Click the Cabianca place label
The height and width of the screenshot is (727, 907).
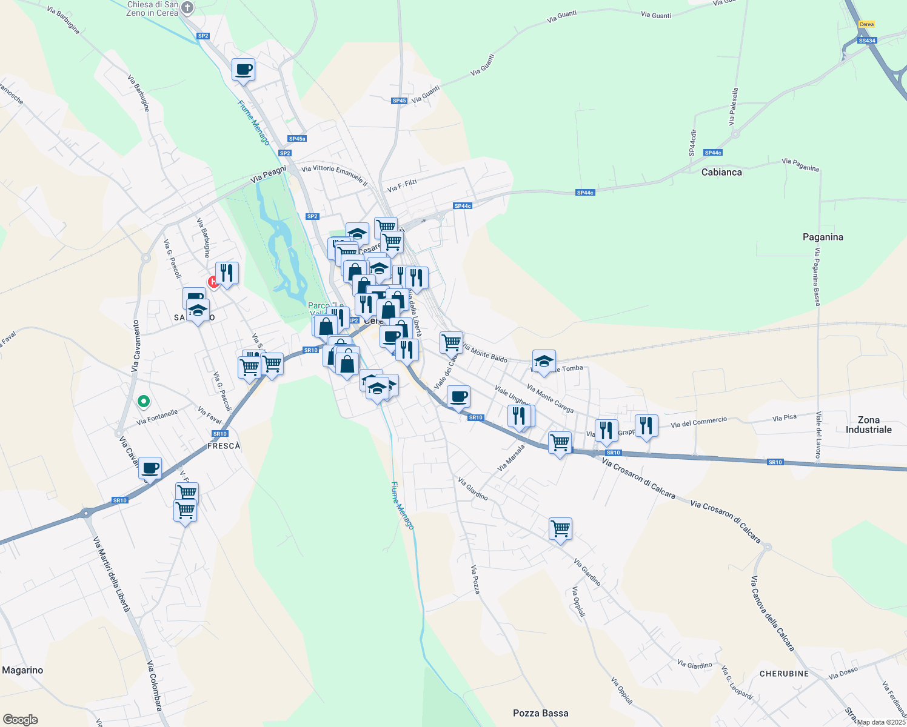(x=721, y=172)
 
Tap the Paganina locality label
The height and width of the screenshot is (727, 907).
(x=823, y=237)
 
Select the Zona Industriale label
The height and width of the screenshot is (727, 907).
(x=868, y=425)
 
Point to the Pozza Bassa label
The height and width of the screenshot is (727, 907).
(x=540, y=713)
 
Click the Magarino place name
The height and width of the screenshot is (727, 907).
(x=22, y=670)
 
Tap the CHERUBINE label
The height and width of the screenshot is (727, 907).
(x=784, y=674)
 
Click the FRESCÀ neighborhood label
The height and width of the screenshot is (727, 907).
(x=224, y=446)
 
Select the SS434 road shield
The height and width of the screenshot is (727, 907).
(x=867, y=41)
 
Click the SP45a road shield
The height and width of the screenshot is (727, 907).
(x=296, y=139)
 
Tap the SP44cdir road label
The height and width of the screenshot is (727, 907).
(x=692, y=143)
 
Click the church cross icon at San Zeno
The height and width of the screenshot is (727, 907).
(x=187, y=8)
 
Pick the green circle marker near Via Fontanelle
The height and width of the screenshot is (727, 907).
(x=144, y=400)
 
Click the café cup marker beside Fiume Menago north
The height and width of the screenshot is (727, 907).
(x=243, y=69)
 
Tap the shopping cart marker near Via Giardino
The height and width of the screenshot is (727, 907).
(x=560, y=528)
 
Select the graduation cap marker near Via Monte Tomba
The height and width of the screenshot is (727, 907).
(x=544, y=361)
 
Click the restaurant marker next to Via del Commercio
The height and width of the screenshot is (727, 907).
(x=646, y=426)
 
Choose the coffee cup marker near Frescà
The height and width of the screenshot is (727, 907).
(x=150, y=468)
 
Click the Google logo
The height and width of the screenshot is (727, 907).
(x=20, y=720)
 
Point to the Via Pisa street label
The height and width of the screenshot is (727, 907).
(x=784, y=418)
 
